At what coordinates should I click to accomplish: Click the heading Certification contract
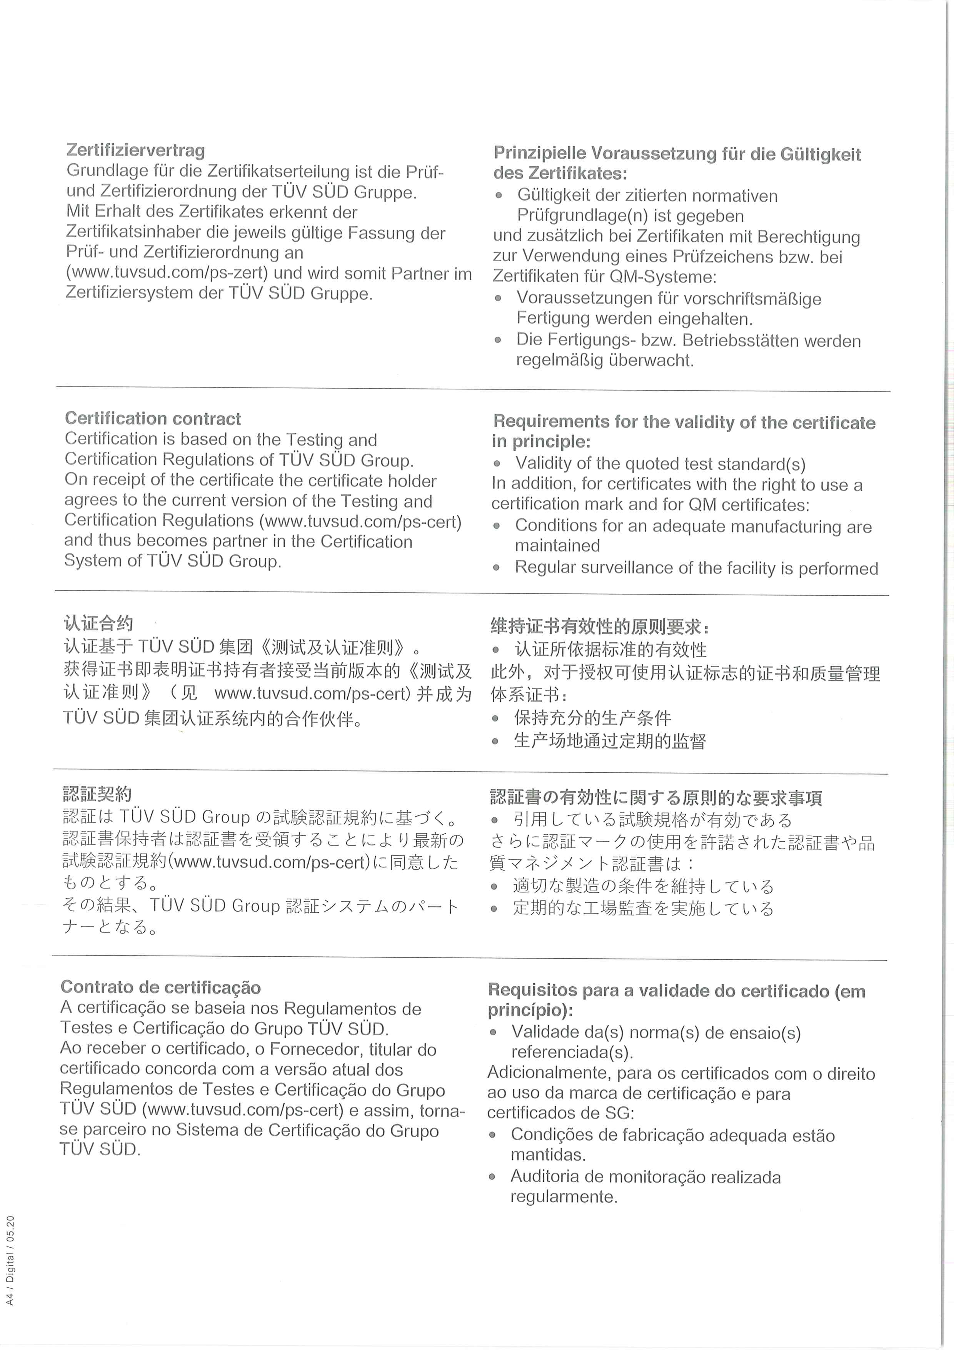pyautogui.click(x=152, y=419)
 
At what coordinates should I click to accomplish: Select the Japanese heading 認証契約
pyautogui.click(x=97, y=794)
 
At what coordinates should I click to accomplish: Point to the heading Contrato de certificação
pyautogui.click(x=160, y=987)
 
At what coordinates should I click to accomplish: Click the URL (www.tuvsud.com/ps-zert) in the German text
pyautogui.click(x=167, y=273)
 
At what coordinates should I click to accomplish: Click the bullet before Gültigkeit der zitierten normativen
pyautogui.click(x=499, y=195)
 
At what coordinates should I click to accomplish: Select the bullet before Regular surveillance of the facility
pyautogui.click(x=497, y=568)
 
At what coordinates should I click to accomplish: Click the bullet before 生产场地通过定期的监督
pyautogui.click(x=495, y=742)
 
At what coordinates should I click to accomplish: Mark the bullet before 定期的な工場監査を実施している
pyautogui.click(x=494, y=909)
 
